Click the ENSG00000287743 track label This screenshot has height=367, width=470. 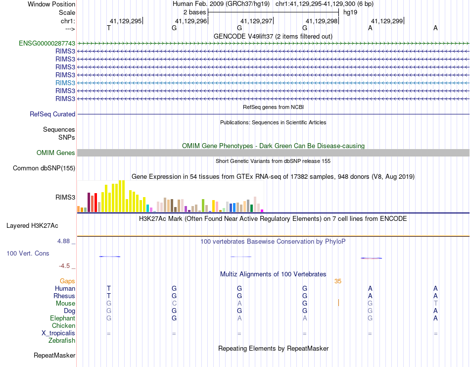point(47,43)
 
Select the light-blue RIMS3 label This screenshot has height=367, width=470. point(65,83)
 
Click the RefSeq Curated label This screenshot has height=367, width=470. point(52,114)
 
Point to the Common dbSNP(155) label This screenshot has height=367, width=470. point(44,168)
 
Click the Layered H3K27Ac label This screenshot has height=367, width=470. point(32,225)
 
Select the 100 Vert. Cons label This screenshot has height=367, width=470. point(28,253)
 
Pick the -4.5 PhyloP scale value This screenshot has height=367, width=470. point(65,265)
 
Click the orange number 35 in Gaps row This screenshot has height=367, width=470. point(338,281)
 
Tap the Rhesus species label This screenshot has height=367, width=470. point(64,296)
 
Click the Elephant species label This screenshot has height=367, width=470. point(62,318)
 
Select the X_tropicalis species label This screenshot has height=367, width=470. point(58,333)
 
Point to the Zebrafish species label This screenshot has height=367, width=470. point(62,340)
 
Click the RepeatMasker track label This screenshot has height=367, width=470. point(54,355)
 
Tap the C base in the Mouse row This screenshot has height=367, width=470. point(174,303)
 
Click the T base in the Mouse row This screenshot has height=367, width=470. point(435,303)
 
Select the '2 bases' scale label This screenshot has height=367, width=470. point(193,12)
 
